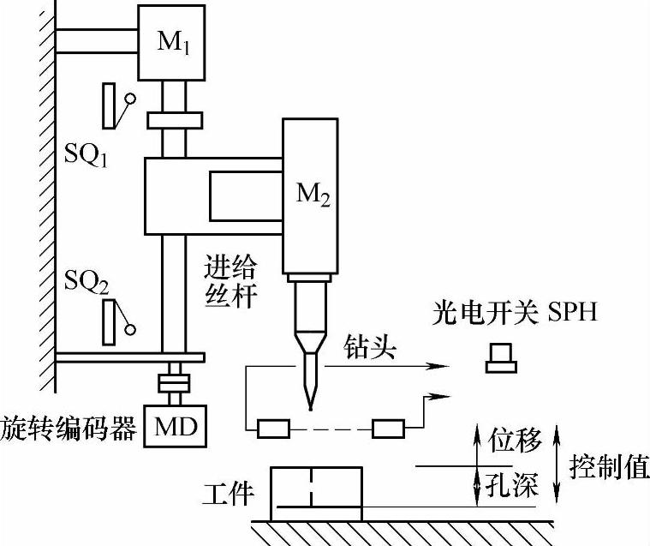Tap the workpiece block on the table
[x=316, y=493]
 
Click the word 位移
[x=514, y=442]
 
